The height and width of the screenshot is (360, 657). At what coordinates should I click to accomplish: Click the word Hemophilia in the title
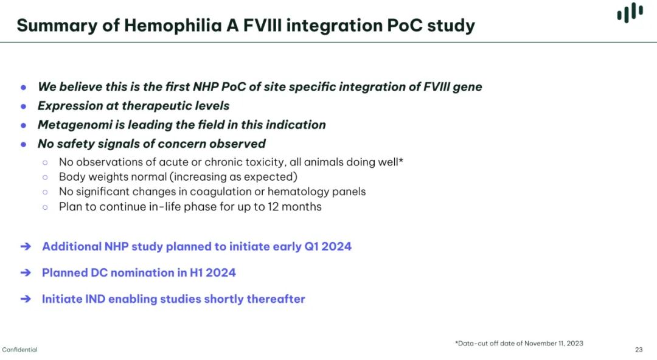point(173,26)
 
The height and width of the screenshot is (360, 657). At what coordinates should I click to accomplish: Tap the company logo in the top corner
point(630,12)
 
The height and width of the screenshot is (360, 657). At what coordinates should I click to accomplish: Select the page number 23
point(639,350)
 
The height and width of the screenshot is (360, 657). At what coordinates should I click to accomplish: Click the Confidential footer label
point(19,350)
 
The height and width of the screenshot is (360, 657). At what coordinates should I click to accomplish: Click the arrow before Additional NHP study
point(26,246)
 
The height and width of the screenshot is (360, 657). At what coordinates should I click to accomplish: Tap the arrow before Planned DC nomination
point(26,273)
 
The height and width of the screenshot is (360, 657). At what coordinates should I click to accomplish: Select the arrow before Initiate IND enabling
point(26,299)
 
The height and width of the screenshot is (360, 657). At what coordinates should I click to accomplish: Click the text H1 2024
point(213,273)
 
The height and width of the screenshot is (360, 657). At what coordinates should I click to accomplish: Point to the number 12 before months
point(273,207)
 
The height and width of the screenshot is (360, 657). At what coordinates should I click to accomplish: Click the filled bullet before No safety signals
point(24,145)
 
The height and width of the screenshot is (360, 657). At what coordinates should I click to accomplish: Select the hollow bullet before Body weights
point(45,178)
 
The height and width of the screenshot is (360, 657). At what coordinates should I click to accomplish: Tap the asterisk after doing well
point(401,160)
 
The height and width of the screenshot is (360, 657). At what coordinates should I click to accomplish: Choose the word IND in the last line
point(95,299)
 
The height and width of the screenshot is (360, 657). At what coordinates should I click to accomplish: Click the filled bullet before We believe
point(24,88)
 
